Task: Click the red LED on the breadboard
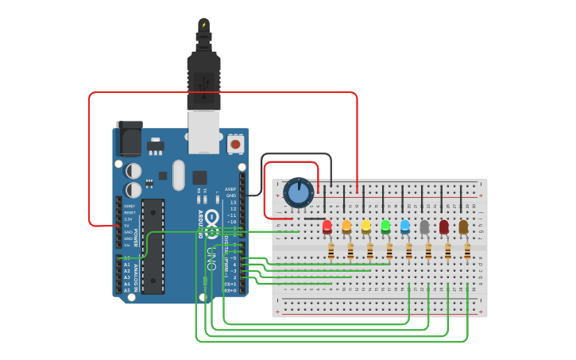coord(327,227)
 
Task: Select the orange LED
coord(346,227)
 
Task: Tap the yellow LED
coord(366,227)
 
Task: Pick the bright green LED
coord(385,227)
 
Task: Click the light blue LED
coord(405,227)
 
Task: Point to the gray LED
coord(424,227)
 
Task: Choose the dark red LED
coord(444,227)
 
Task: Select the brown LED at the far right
coord(463,227)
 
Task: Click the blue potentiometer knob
coord(299,192)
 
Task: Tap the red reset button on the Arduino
coord(236,145)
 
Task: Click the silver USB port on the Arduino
coord(204,132)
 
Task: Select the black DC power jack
coord(129,139)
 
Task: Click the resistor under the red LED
coord(331,252)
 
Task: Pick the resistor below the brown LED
coord(467,252)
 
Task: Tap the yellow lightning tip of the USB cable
coord(204,25)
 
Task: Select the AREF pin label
coord(230,189)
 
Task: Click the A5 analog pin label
coord(127,290)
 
